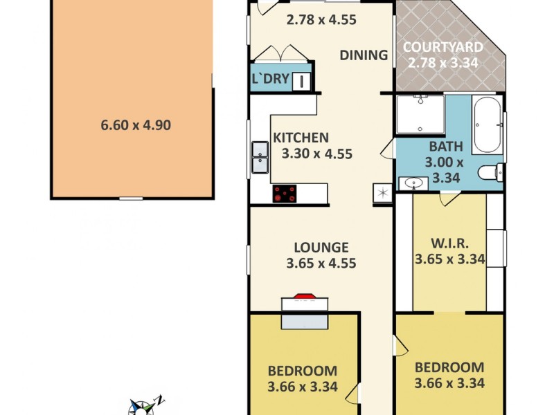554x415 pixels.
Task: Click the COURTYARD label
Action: coord(444,48)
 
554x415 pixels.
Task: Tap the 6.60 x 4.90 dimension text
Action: coord(136,125)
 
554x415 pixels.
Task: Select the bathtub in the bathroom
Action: coord(488,125)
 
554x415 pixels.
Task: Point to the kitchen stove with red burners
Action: coord(284,194)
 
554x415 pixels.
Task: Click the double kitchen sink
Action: coord(260,157)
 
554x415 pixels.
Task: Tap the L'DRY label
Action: coord(269,79)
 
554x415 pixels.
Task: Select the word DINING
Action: coord(364,55)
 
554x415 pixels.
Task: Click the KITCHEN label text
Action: coord(301,138)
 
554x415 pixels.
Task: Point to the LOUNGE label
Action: coord(321,247)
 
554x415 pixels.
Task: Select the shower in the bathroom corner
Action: coord(420,114)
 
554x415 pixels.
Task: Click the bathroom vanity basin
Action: coord(413,184)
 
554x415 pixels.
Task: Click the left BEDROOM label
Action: coord(303,371)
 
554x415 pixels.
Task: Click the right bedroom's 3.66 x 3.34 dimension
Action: coord(449,383)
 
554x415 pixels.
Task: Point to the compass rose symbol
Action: coord(144,407)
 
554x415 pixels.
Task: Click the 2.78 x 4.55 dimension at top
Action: coord(321,20)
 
